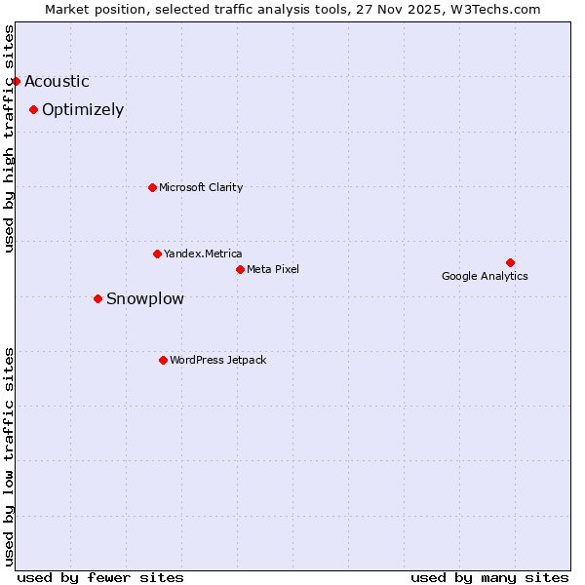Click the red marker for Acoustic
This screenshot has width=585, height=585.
[17, 81]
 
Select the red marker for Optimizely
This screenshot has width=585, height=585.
[33, 109]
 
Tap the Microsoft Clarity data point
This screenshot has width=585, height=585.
[152, 187]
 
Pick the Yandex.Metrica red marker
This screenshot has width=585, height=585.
[157, 253]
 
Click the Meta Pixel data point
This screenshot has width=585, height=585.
[240, 269]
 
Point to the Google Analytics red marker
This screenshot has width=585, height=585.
[510, 262]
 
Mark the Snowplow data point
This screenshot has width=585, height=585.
[97, 298]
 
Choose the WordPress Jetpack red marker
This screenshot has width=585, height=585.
[163, 360]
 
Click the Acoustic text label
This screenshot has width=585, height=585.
[57, 82]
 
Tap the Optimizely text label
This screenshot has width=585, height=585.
[83, 110]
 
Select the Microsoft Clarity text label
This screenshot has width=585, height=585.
[201, 187]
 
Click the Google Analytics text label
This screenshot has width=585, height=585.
[485, 276]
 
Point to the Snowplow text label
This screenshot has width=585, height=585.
[144, 299]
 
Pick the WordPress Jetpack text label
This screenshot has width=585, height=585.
[217, 360]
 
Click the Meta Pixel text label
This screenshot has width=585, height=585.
[273, 269]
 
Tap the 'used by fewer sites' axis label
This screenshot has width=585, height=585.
[100, 577]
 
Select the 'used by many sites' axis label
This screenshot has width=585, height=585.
[489, 577]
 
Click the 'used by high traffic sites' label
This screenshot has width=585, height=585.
[10, 138]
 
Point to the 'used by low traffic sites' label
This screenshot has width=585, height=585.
[10, 455]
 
